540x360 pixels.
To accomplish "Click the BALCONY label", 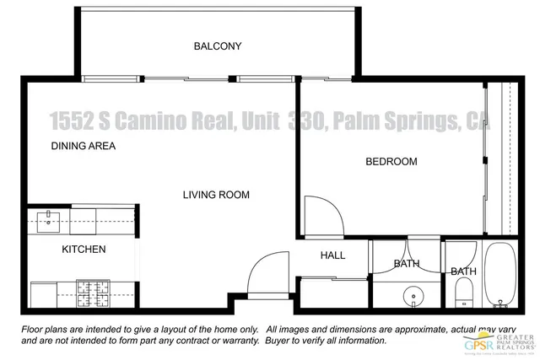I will click(217, 46).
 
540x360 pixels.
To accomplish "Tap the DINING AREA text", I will click(83, 146).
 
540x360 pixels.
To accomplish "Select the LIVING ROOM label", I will click(216, 195).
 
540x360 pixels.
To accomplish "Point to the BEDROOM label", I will click(391, 162).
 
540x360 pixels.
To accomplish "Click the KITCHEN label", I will click(84, 250).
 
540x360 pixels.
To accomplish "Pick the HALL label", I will click(332, 256).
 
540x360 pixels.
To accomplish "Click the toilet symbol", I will click(462, 294).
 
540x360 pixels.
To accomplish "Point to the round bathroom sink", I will click(413, 298).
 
